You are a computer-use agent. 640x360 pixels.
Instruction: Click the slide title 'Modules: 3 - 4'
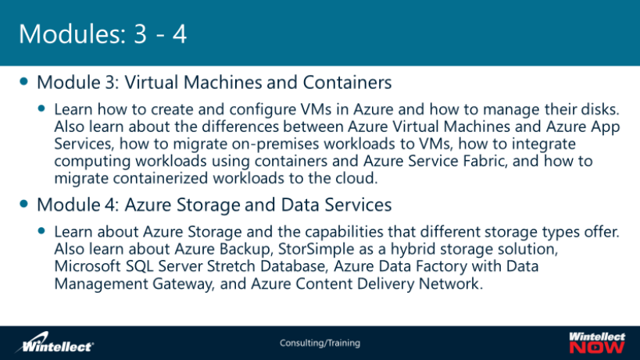click(102, 35)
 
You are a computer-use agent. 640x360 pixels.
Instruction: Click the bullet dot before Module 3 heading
click(26, 81)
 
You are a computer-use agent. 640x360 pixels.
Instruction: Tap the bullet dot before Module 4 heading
click(26, 205)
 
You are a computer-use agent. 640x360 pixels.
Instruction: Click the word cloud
click(355, 178)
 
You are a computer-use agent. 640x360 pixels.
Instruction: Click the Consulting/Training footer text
click(320, 343)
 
